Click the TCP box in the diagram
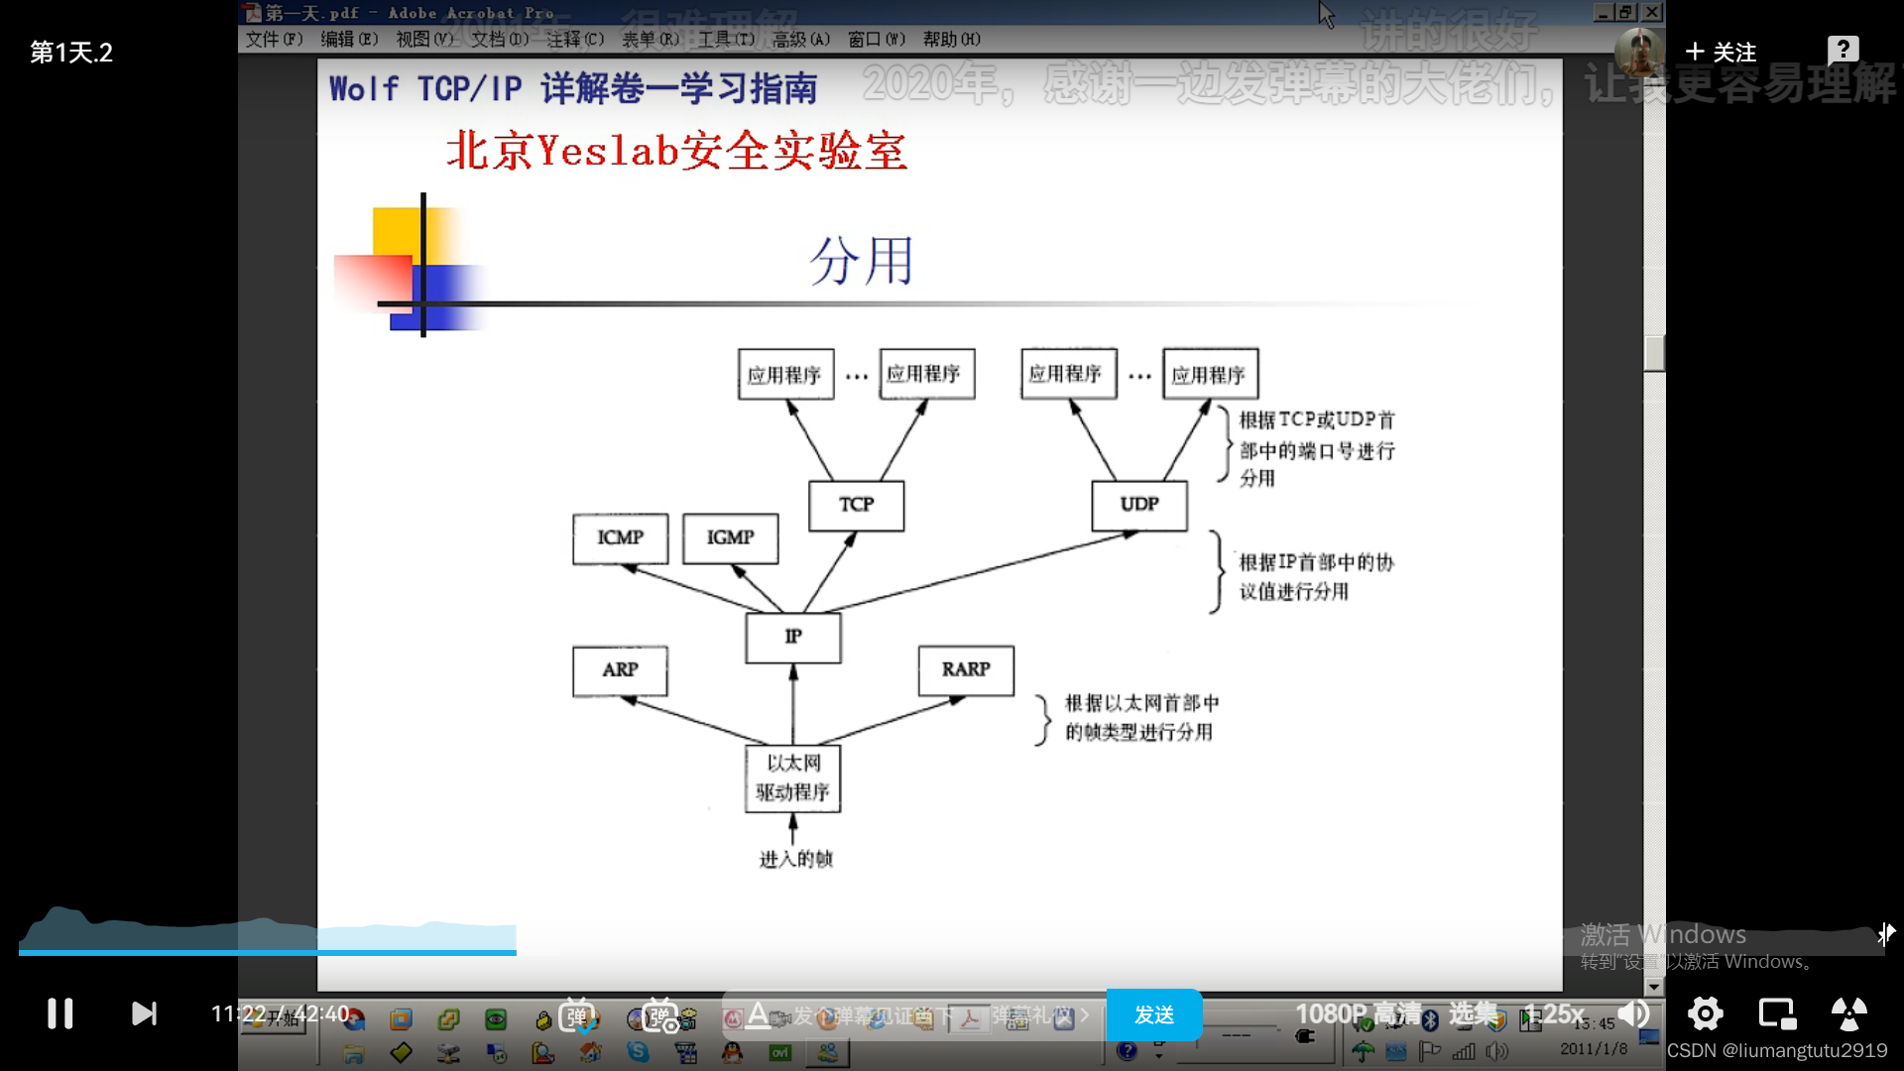point(856,505)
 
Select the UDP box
point(1138,505)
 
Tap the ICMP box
point(620,537)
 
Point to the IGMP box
point(730,537)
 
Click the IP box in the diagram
point(792,637)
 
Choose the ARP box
point(620,670)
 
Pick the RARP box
point(965,670)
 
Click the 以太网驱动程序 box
point(792,777)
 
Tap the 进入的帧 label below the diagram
point(795,859)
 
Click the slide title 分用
point(861,262)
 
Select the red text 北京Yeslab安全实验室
point(676,152)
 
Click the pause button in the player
point(60,1013)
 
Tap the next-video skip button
point(144,1013)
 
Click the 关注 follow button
point(1722,52)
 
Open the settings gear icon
point(1705,1013)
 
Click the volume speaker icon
point(1633,1013)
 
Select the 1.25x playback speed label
point(1554,1013)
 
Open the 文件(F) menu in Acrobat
point(274,39)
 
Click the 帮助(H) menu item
point(951,39)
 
